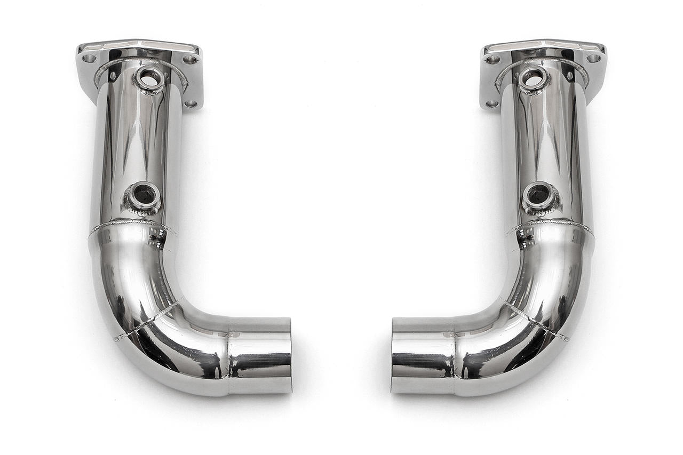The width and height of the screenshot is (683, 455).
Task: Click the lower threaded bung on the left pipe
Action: click(143, 196)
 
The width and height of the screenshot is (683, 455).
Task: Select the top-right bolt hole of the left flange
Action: click(190, 59)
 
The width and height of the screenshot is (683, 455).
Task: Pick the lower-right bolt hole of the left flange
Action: click(191, 103)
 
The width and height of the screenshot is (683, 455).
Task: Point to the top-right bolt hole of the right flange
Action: click(593, 58)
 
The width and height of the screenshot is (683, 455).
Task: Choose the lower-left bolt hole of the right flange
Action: click(491, 103)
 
